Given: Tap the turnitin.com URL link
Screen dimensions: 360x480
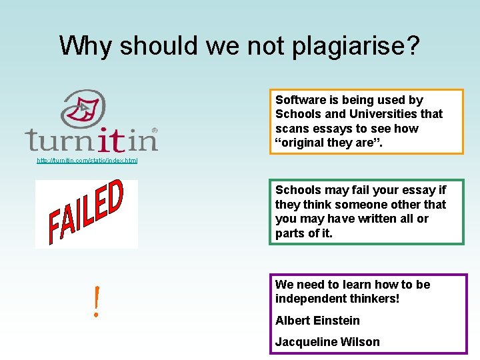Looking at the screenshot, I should click(x=87, y=161).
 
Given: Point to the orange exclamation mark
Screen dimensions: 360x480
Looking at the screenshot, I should click(x=97, y=301).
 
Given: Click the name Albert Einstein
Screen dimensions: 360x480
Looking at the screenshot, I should click(x=317, y=321).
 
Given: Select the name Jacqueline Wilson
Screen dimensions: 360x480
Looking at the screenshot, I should click(x=327, y=342).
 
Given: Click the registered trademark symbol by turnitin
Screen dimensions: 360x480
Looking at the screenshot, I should click(x=155, y=129).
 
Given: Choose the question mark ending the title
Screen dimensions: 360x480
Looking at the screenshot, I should click(x=413, y=46).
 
